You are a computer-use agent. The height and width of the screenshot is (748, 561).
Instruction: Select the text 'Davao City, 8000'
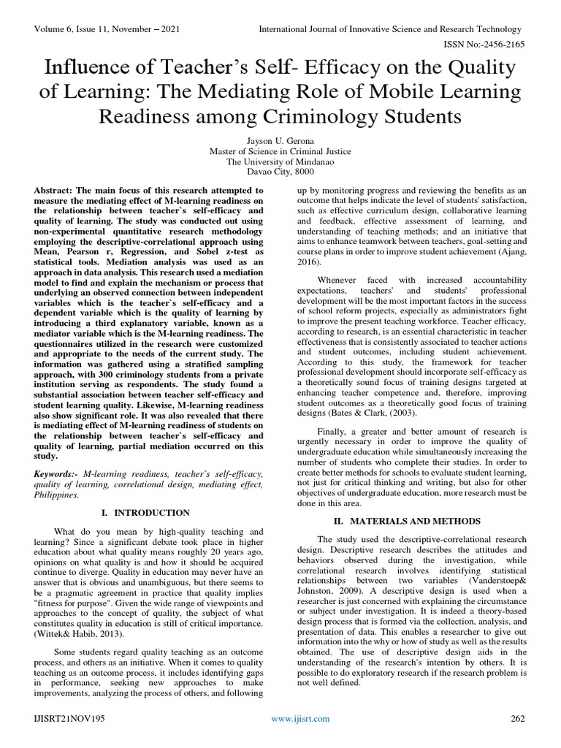click(x=280, y=173)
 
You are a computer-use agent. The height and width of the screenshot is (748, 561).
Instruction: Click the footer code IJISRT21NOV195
click(x=70, y=719)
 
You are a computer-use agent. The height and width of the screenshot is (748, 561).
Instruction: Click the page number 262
click(x=518, y=719)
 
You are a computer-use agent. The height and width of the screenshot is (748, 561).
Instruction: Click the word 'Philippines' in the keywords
click(x=57, y=495)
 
